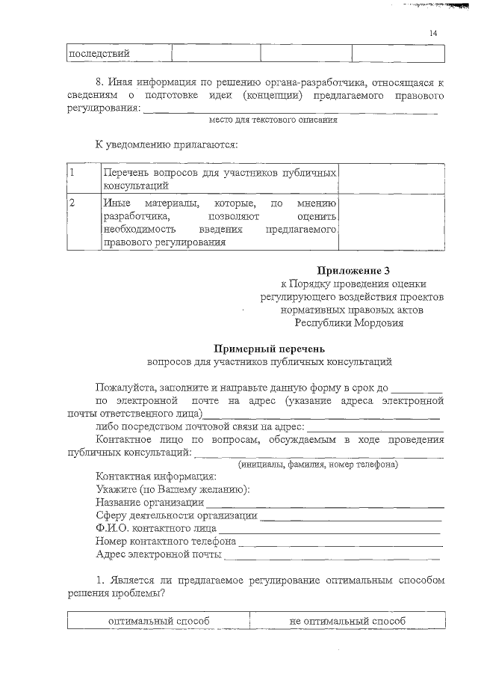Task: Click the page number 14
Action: point(433,32)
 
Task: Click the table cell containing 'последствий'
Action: point(119,53)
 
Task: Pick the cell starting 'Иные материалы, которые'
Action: point(219,222)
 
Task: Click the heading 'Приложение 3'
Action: point(353,269)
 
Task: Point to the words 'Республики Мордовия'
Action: point(349,323)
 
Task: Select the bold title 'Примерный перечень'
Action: point(270,349)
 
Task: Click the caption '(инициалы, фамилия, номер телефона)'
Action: point(317,465)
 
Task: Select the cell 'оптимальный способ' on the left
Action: point(158,621)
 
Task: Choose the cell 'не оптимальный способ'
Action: point(347,621)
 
